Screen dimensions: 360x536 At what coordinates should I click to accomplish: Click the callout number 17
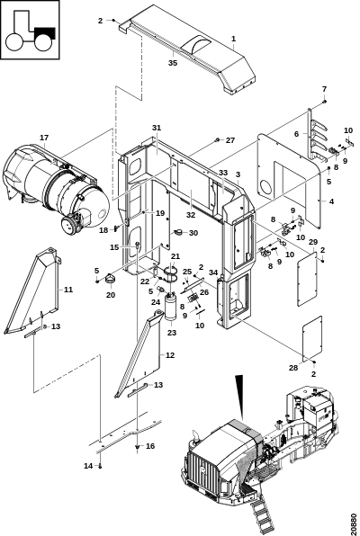(x=44, y=138)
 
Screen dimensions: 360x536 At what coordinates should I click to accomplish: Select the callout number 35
(x=173, y=63)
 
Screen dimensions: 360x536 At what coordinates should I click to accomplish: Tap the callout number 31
(x=157, y=128)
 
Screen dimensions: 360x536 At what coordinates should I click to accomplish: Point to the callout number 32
(x=191, y=215)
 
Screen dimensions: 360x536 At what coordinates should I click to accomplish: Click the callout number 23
(x=171, y=332)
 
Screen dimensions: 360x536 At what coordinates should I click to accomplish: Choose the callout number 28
(x=293, y=368)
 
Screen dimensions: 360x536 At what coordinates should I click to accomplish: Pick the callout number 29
(x=313, y=242)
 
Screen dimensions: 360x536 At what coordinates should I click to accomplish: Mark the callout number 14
(x=88, y=466)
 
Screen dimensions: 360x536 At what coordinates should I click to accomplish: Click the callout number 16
(x=150, y=446)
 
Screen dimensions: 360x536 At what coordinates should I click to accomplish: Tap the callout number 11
(x=68, y=290)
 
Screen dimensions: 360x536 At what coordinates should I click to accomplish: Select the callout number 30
(x=193, y=233)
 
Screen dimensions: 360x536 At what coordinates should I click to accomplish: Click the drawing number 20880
(x=354, y=521)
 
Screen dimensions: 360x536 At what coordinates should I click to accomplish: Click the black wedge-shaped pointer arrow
(x=239, y=397)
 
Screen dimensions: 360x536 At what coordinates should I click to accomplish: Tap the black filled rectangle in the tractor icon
(x=44, y=32)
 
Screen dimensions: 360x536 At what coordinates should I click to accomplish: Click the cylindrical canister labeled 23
(x=170, y=308)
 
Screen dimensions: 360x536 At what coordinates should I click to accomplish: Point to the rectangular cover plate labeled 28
(x=312, y=338)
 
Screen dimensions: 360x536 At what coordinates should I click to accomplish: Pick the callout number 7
(x=324, y=89)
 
